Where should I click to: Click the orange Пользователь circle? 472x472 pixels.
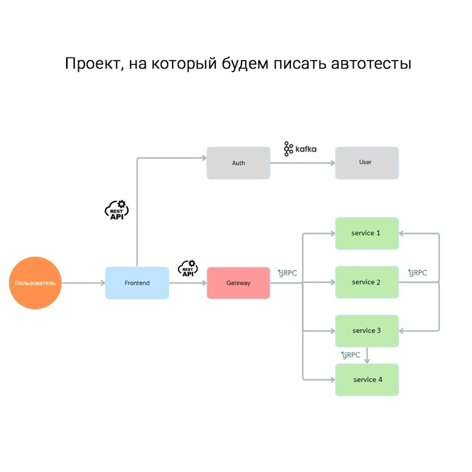(x=35, y=283)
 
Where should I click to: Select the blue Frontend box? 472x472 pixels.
(x=137, y=283)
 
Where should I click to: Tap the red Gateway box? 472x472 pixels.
(x=238, y=283)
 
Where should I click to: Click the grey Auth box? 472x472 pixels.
(x=238, y=163)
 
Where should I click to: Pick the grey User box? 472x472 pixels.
(x=367, y=162)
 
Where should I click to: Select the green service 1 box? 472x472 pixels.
(x=367, y=233)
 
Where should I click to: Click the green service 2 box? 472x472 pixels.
(x=367, y=282)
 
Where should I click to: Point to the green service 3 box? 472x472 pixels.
(x=367, y=331)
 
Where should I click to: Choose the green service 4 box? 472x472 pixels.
(x=367, y=379)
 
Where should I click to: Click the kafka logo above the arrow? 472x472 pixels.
(x=300, y=149)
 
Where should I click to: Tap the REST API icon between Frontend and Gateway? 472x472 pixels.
(x=187, y=268)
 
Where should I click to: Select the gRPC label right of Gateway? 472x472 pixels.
(x=288, y=273)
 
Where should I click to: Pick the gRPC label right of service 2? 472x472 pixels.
(x=418, y=273)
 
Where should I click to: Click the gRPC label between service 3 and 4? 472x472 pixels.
(x=351, y=355)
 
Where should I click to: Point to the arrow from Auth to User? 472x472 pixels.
(x=302, y=163)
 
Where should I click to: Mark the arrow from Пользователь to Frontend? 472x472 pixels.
(x=83, y=283)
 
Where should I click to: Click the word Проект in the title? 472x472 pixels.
(x=93, y=63)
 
